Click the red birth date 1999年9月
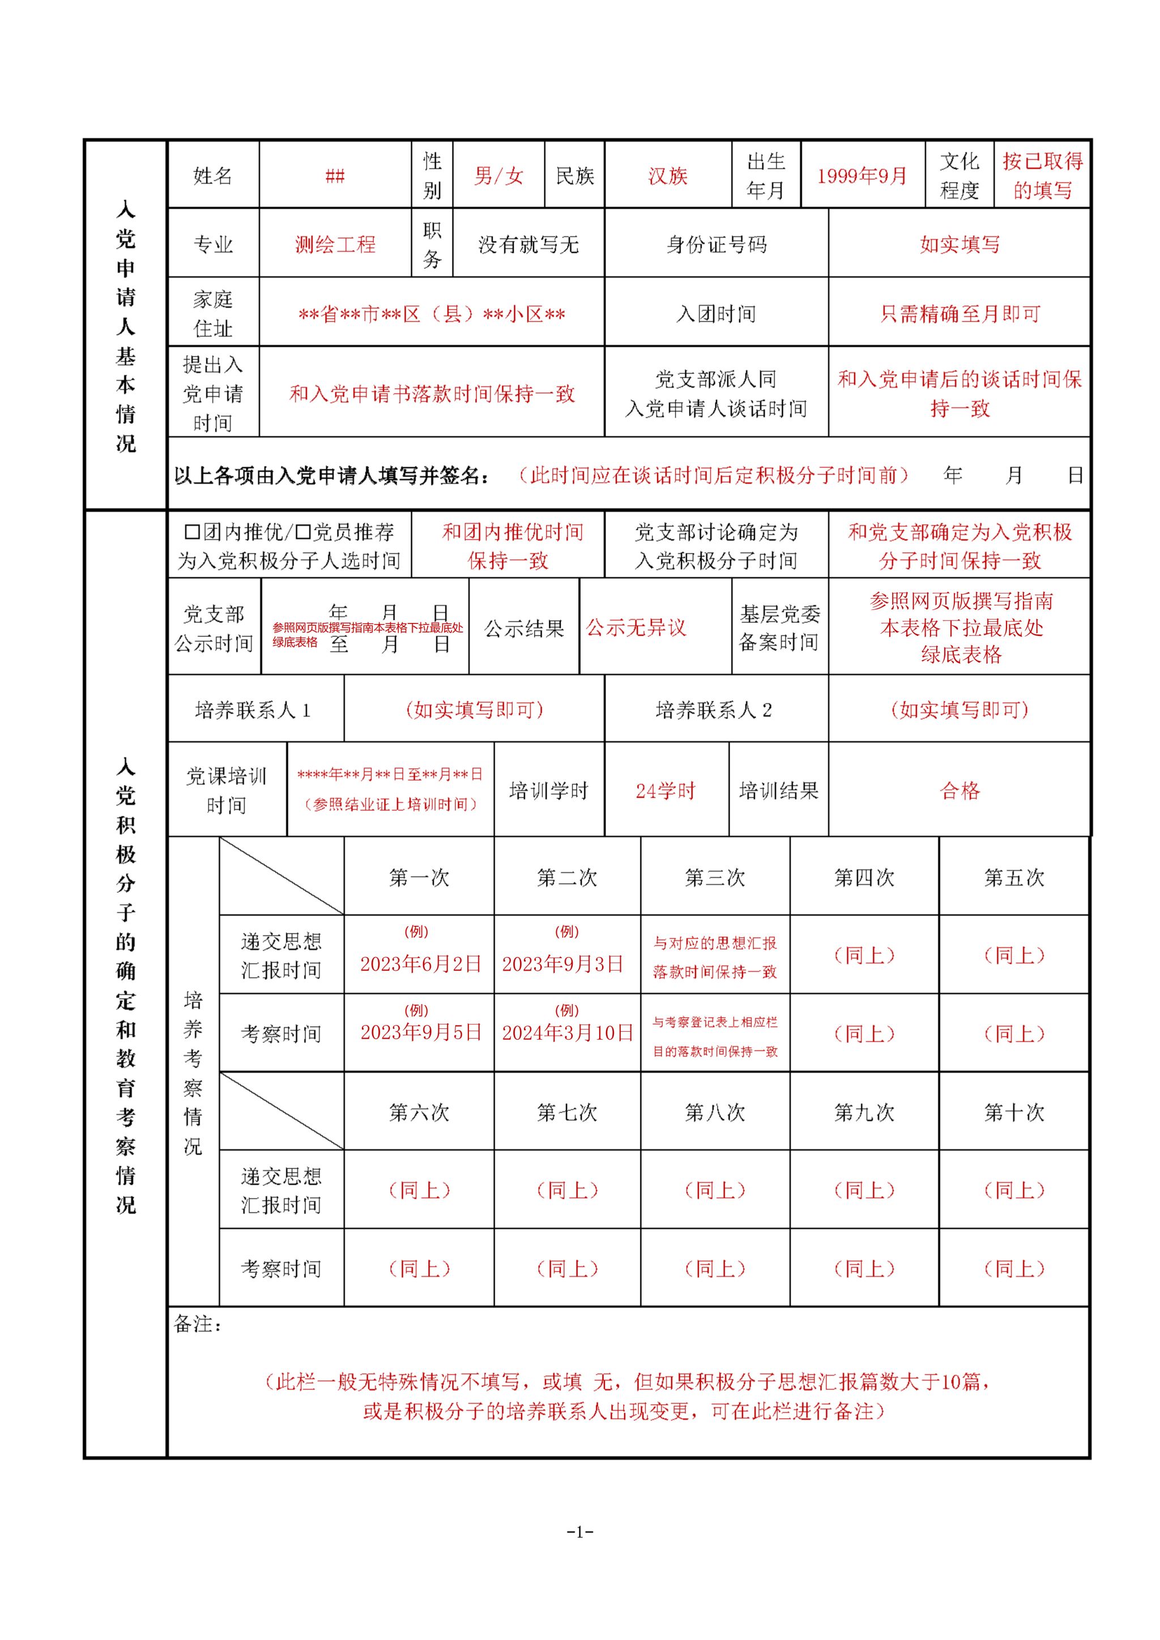[862, 176]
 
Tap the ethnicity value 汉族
[667, 176]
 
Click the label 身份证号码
[716, 245]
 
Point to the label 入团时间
[716, 314]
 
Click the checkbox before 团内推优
[191, 532]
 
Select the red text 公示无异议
[636, 628]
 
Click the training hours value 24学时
[665, 791]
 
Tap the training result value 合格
[959, 791]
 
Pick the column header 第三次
[715, 878]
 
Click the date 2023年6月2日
[420, 964]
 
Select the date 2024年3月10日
[567, 1033]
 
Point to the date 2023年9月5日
[420, 1033]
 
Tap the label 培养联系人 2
[714, 710]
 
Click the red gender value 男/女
[498, 176]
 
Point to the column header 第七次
[567, 1112]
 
